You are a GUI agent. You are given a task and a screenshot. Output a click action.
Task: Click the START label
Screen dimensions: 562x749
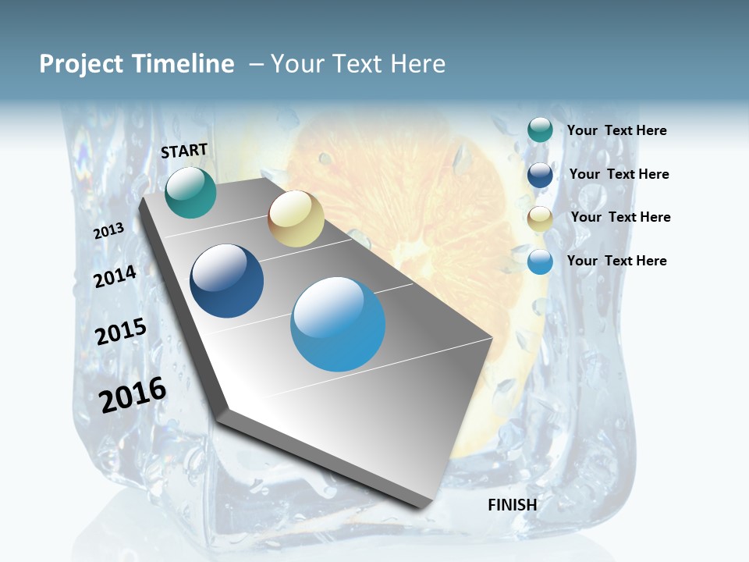(x=184, y=151)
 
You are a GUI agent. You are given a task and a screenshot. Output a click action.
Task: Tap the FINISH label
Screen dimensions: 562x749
(x=513, y=505)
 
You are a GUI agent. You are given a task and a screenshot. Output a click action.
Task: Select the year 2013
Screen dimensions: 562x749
(x=109, y=231)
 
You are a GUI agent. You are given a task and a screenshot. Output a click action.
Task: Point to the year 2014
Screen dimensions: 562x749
(x=115, y=276)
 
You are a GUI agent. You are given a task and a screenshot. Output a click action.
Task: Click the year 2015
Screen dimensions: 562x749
(x=121, y=332)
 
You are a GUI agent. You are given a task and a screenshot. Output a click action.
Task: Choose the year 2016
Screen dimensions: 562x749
(x=133, y=395)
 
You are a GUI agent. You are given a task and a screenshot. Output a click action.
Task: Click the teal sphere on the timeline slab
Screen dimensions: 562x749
(x=190, y=193)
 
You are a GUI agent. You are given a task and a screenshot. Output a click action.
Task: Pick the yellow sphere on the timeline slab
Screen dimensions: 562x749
(x=296, y=219)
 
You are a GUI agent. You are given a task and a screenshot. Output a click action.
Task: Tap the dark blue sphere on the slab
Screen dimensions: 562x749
(x=227, y=281)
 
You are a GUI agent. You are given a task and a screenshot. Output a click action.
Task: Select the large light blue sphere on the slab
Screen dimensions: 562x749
(x=338, y=324)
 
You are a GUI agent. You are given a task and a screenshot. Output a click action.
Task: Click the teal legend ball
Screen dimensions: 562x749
(x=540, y=130)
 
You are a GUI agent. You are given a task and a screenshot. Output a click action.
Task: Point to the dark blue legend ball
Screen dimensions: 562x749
(x=540, y=175)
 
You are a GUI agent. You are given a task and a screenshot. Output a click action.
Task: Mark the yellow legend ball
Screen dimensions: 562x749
(x=540, y=219)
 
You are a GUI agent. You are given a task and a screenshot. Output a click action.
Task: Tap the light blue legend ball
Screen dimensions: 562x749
(x=540, y=261)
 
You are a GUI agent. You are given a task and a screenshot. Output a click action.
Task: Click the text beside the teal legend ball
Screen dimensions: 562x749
(x=616, y=130)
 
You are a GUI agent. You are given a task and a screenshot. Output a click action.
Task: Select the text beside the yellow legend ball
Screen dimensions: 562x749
(x=620, y=217)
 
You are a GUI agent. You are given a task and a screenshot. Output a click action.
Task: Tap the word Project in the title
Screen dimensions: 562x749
(x=82, y=64)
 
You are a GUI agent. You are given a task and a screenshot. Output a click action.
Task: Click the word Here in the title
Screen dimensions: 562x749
(x=417, y=64)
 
